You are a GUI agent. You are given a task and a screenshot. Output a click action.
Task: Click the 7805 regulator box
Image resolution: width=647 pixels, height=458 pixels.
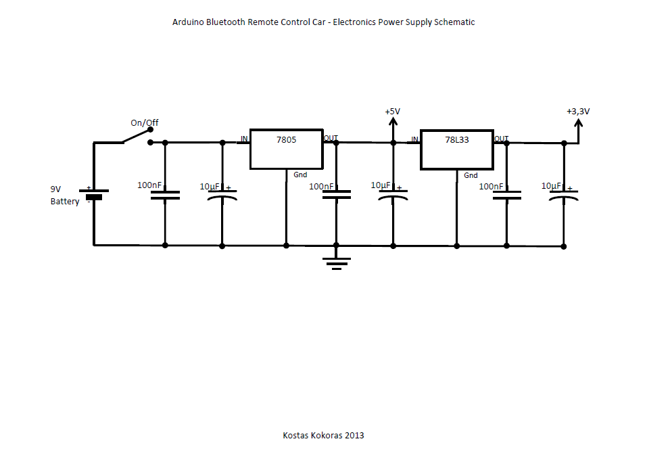(286, 149)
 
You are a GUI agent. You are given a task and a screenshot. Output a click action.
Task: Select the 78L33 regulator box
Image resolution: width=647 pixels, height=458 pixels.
(456, 149)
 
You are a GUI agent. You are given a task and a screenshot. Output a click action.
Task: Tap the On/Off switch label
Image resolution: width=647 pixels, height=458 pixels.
(145, 123)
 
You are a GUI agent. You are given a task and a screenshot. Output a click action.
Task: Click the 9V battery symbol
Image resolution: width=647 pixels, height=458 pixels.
(94, 193)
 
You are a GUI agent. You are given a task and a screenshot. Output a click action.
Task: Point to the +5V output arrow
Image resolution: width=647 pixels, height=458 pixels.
(393, 126)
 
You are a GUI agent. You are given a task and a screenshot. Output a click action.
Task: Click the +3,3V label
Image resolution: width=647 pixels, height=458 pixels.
(578, 112)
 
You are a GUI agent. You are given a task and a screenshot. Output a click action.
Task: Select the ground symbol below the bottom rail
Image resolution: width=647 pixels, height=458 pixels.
(336, 260)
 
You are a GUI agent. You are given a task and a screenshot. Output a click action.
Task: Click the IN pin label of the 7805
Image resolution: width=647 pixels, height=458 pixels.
(243, 139)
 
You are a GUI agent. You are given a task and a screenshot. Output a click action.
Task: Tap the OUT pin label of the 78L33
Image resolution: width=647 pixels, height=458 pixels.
(501, 139)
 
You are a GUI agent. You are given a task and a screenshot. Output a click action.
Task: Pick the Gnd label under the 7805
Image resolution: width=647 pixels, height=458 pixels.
(300, 175)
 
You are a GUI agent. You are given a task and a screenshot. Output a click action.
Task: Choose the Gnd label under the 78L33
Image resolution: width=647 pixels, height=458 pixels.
(471, 175)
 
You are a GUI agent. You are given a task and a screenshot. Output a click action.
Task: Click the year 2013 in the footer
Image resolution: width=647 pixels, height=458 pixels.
(354, 436)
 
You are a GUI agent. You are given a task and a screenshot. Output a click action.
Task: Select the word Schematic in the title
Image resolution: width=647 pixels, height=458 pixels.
(454, 22)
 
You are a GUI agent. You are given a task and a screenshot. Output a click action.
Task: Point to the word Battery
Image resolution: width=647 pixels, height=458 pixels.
(65, 202)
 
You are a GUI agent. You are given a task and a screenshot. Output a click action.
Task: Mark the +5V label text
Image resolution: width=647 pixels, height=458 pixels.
(392, 112)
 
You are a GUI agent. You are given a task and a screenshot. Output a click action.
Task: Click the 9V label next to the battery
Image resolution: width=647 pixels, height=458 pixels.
(55, 189)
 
